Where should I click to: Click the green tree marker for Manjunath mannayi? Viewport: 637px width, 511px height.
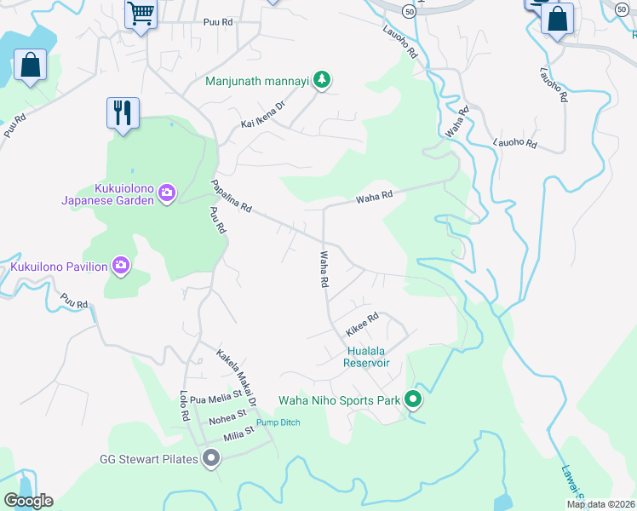[x=321, y=81]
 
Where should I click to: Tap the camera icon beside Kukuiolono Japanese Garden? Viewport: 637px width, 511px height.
[x=166, y=194]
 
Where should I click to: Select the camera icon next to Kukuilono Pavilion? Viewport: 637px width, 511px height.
[x=121, y=267]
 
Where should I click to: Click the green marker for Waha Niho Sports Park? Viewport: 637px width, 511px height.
[x=412, y=399]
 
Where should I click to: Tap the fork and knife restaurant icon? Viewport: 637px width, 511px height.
[x=123, y=112]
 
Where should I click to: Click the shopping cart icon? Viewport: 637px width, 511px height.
[x=141, y=14]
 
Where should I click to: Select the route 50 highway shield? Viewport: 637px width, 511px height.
[x=410, y=10]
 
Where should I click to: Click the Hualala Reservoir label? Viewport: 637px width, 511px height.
[x=366, y=357]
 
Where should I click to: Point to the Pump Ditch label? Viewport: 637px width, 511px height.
[x=278, y=422]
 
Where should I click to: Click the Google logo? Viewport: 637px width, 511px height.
[x=28, y=501]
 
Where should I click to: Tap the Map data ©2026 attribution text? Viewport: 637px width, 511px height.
[x=600, y=504]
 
